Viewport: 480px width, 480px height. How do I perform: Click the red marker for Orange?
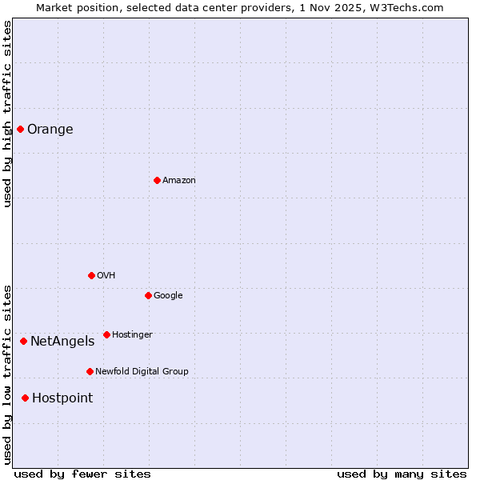(20, 129)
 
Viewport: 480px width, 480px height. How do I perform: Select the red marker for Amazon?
(157, 180)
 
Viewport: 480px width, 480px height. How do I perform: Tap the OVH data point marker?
(91, 275)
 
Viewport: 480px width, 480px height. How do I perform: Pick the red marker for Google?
(148, 295)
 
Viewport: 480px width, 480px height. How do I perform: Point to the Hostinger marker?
(106, 334)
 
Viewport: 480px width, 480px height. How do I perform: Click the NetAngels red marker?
(23, 341)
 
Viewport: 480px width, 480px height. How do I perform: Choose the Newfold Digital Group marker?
(90, 371)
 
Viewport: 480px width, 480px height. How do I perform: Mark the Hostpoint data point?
(25, 398)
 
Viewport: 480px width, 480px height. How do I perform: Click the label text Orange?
(50, 130)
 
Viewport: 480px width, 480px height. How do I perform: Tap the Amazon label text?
(179, 181)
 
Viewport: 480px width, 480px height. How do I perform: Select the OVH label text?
(106, 276)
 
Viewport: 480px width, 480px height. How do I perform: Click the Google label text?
(168, 296)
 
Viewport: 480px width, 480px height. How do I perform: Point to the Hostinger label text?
(132, 335)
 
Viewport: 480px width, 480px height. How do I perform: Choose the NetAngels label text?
(62, 342)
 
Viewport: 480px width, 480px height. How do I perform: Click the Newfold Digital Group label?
(142, 372)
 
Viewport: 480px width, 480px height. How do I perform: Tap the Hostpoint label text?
(62, 398)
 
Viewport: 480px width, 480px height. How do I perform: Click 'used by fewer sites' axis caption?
(82, 474)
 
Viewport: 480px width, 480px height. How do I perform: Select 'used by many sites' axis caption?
(402, 474)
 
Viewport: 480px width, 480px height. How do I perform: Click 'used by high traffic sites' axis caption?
(7, 114)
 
